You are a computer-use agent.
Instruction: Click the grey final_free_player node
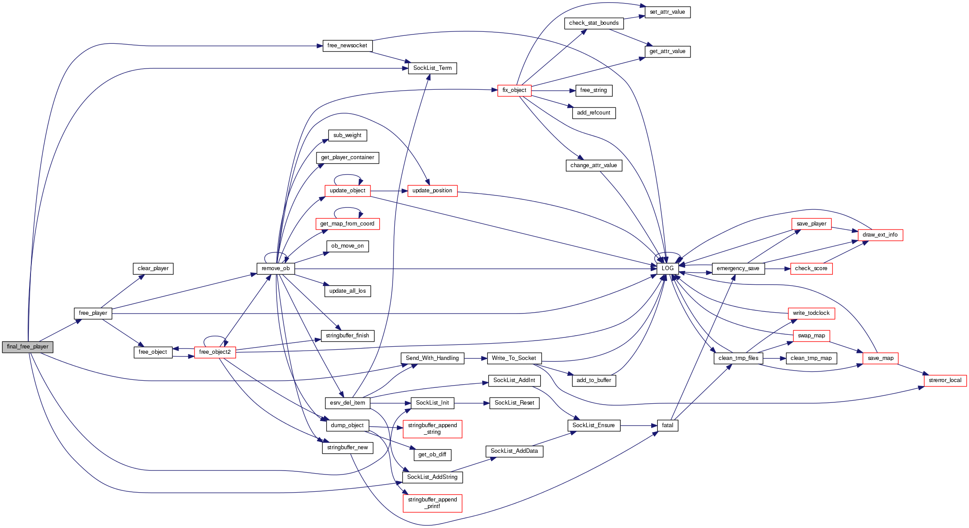[27, 347]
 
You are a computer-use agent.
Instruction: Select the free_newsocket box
[347, 46]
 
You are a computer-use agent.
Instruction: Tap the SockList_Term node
[432, 68]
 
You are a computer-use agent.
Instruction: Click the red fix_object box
[514, 90]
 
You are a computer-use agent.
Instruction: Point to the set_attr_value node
[667, 12]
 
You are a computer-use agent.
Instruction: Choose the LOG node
[667, 268]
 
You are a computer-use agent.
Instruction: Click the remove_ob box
[275, 268]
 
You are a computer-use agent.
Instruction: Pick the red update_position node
[432, 191]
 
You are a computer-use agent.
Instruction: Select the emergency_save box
[737, 268]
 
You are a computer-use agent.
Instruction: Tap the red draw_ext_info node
[880, 235]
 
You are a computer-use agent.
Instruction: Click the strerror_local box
[945, 380]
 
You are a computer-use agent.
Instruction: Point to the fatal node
[667, 425]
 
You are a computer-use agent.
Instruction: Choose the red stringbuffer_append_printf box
[432, 503]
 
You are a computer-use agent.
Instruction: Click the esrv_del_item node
[347, 403]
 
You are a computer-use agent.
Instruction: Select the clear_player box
[153, 268]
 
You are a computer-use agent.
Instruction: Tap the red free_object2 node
[214, 352]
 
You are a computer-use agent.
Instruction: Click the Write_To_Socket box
[514, 358]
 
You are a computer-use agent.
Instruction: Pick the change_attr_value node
[593, 165]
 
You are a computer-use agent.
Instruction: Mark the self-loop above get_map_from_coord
[347, 209]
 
